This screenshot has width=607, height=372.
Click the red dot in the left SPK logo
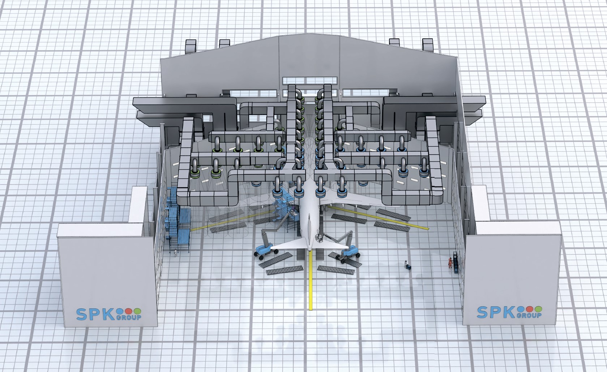(x=129, y=311)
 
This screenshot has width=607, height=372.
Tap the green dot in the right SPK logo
(x=538, y=309)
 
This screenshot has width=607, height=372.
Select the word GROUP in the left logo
(x=129, y=317)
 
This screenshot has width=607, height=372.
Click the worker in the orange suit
(x=450, y=262)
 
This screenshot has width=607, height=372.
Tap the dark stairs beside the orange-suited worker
(x=456, y=262)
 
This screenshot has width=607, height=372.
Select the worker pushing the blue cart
(x=406, y=264)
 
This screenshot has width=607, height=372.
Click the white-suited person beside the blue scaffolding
(x=176, y=252)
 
